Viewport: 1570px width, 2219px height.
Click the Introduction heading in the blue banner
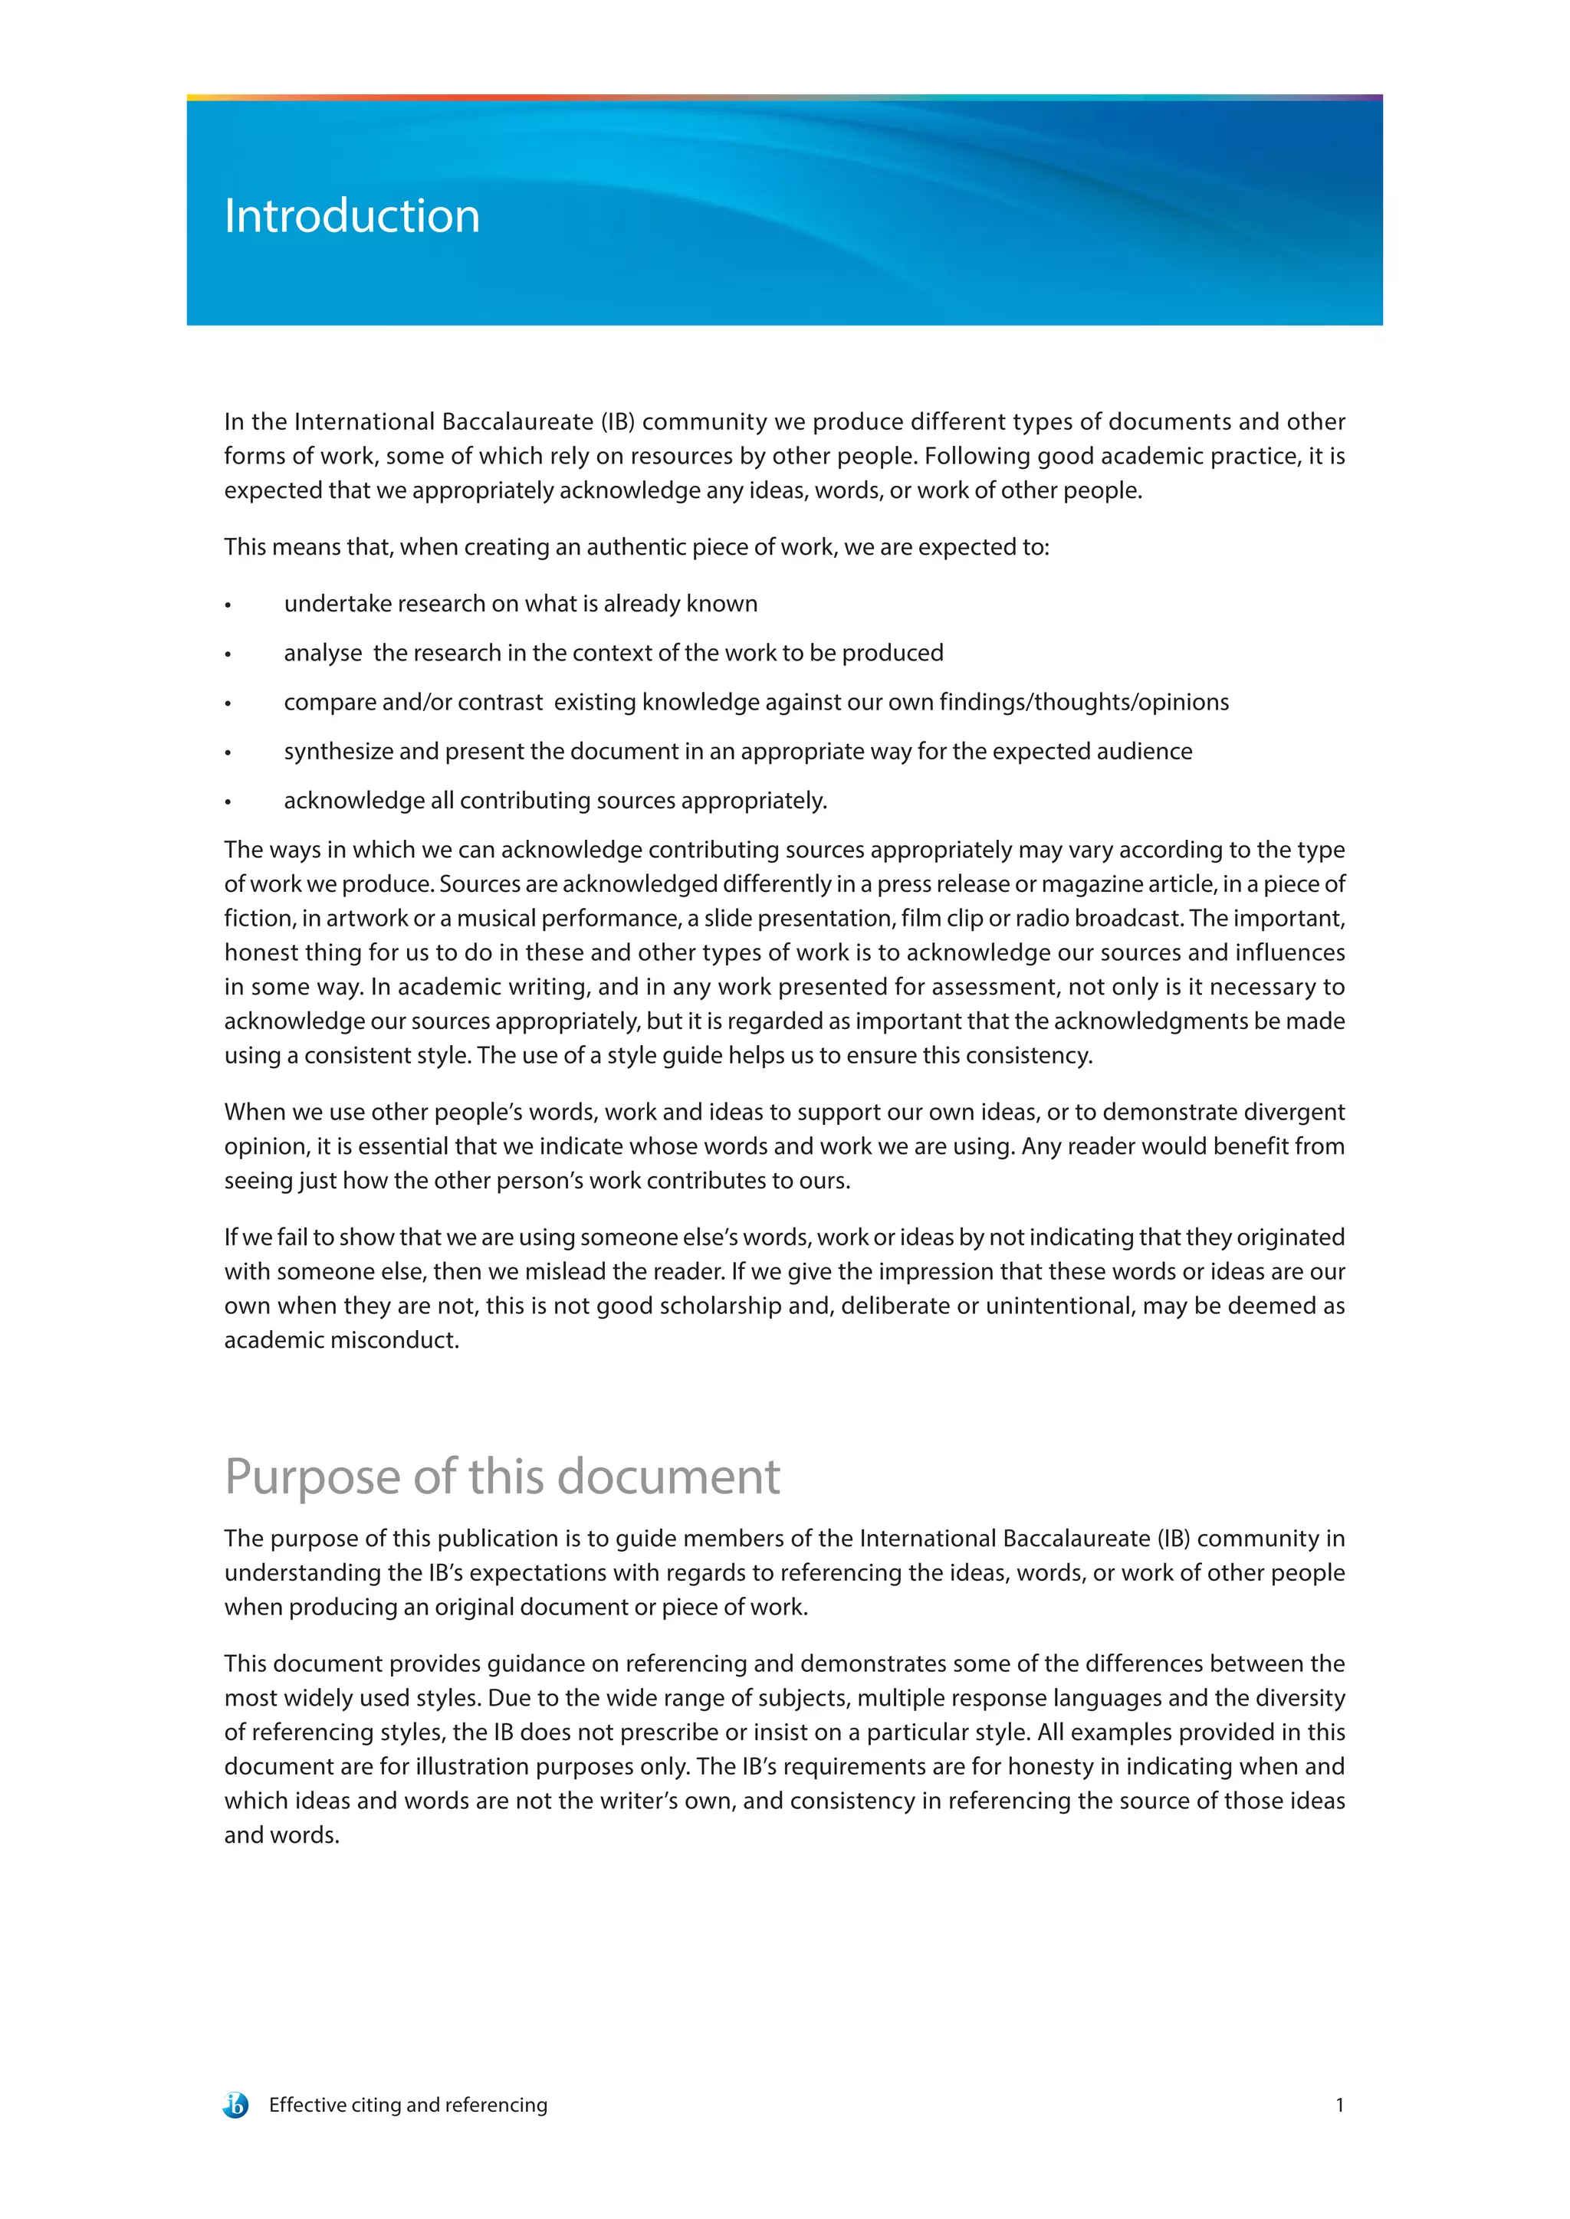click(x=352, y=215)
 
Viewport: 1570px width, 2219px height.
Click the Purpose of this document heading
click(x=502, y=1477)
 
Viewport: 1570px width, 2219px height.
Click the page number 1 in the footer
click(x=1339, y=2105)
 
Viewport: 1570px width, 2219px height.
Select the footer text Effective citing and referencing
click(x=408, y=2105)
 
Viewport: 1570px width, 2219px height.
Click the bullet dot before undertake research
click(x=228, y=606)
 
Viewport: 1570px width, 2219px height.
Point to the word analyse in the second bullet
click(x=323, y=654)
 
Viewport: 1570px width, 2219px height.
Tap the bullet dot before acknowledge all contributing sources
click(x=228, y=802)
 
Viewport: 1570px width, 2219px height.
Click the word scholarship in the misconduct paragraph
click(x=723, y=1306)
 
